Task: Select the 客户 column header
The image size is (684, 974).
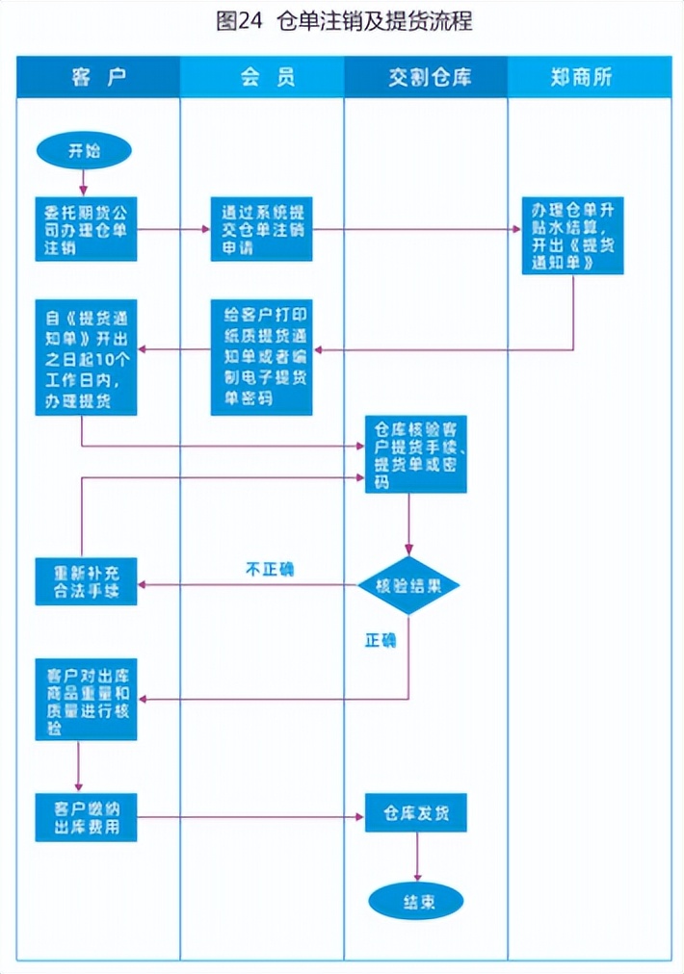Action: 98,77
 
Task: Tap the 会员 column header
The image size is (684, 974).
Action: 261,77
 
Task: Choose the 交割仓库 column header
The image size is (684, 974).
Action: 426,77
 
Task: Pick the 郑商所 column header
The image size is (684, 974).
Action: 589,77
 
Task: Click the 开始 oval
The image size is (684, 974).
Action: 84,151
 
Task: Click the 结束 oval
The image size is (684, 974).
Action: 416,902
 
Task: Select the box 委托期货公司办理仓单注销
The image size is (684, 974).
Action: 86,229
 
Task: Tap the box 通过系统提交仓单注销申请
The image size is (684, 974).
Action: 261,229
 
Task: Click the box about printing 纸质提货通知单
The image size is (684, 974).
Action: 261,356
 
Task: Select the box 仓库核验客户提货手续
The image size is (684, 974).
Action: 415,454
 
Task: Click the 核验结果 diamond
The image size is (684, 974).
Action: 408,585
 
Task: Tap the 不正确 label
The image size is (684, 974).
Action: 269,569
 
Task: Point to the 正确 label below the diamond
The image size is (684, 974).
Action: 380,640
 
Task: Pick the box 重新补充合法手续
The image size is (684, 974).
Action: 86,581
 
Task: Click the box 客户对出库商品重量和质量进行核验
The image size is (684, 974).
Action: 86,699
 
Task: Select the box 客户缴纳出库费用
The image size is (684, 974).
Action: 86,816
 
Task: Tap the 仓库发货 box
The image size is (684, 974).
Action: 415,812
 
